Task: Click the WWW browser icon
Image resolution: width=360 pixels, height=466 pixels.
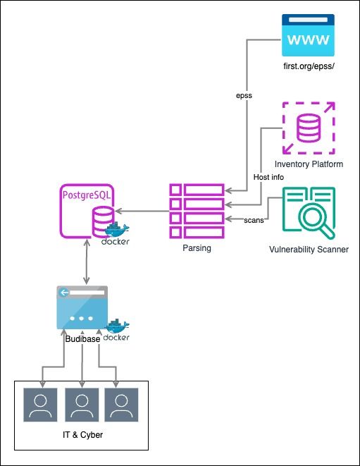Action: (x=308, y=35)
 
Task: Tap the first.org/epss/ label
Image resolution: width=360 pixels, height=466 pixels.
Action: (x=309, y=66)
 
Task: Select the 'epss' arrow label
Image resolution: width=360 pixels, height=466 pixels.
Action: (x=244, y=95)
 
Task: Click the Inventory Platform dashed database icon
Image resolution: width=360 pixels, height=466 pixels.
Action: (x=309, y=128)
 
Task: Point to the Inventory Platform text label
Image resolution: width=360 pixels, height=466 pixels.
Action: (x=309, y=164)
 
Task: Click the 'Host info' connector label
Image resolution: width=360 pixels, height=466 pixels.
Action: (x=268, y=177)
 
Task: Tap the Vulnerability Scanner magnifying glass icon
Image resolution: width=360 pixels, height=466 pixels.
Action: (x=309, y=213)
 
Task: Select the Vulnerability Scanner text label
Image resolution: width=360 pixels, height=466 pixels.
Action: (x=309, y=250)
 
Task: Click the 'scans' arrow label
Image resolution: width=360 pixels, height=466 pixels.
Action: (x=254, y=220)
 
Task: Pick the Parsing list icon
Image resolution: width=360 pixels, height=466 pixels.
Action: (x=197, y=211)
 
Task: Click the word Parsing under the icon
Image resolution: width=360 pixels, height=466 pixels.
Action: (x=197, y=248)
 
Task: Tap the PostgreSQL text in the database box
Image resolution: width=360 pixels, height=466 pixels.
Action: (x=87, y=195)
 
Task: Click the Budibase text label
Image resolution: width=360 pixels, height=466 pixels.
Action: (x=82, y=339)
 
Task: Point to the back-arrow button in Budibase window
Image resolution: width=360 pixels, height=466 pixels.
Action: (x=63, y=293)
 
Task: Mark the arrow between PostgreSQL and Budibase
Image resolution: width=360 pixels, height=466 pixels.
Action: (x=87, y=262)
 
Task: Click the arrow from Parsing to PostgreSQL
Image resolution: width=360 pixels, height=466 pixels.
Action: (x=142, y=211)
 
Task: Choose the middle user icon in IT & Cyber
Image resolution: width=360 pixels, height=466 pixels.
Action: (x=82, y=405)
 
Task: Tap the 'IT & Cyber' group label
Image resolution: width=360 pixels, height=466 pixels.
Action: (x=83, y=435)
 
